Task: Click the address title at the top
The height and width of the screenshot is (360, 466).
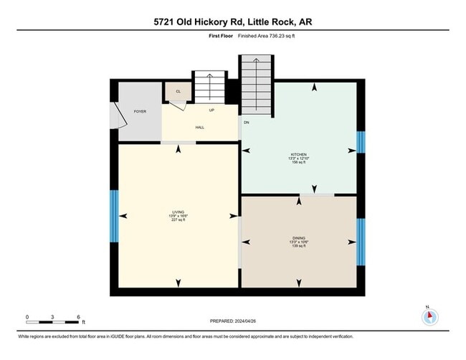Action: [x=233, y=22]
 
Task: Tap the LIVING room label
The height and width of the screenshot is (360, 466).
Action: [x=179, y=213]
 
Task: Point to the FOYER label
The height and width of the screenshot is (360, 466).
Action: [x=140, y=111]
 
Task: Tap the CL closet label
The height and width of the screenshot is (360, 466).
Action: [x=177, y=91]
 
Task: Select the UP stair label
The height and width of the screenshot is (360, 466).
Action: [x=211, y=110]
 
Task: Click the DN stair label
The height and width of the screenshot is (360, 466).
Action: [x=246, y=121]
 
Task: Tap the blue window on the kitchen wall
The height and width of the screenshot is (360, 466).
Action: [x=361, y=141]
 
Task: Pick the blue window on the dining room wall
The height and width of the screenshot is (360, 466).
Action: [x=361, y=242]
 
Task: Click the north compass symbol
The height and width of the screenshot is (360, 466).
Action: [x=429, y=316]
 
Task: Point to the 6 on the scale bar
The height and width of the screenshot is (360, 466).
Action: [x=79, y=316]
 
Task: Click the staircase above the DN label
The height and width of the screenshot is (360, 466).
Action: [x=257, y=86]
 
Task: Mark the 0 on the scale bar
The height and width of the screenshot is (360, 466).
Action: [x=27, y=316]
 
